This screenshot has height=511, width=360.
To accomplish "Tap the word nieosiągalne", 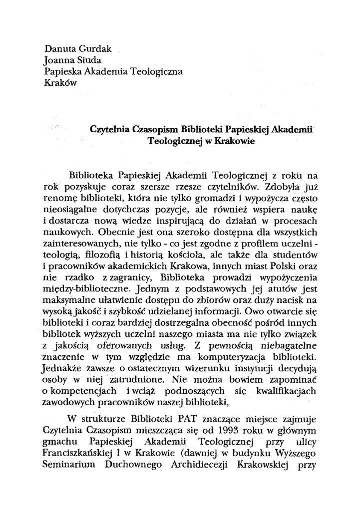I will click(x=71, y=210).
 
